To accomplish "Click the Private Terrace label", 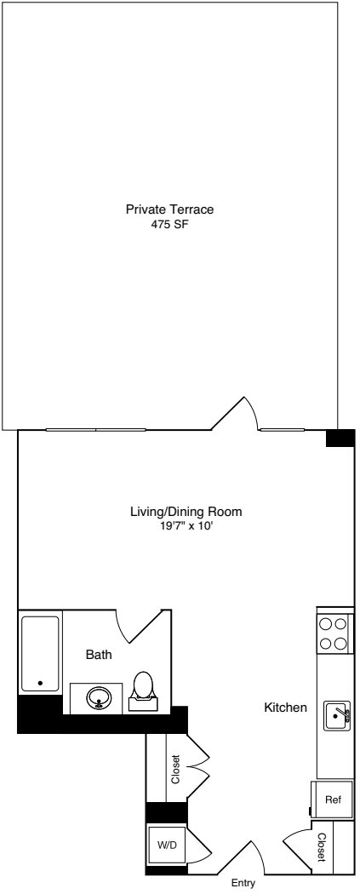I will (x=169, y=209).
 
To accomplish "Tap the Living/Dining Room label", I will (x=186, y=512).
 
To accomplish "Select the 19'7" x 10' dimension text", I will (x=186, y=526).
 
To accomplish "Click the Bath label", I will (x=98, y=655).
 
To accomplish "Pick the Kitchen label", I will (x=285, y=708).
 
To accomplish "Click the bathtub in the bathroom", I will (x=40, y=653).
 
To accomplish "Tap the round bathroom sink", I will (x=100, y=698).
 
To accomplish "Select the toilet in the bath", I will (x=143, y=688).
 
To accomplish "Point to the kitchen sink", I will (x=338, y=716).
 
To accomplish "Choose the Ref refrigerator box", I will (x=333, y=800).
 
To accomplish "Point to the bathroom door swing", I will (x=140, y=627).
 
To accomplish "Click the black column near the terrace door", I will (x=340, y=438).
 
